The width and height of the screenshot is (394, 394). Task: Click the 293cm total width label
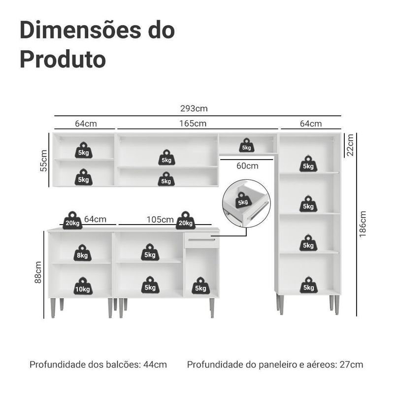194,108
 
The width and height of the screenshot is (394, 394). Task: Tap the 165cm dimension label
193,124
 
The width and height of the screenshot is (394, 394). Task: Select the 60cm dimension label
247,166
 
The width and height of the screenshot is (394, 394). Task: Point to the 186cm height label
362,224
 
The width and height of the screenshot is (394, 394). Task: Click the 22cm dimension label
350,145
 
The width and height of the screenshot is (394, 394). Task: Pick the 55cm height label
44,161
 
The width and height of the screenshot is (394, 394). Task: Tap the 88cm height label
38,272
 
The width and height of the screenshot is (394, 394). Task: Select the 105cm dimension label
160,219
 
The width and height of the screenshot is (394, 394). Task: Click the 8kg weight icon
82,253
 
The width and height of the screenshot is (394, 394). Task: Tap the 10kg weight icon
83,286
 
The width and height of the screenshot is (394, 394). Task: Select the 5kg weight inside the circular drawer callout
243,200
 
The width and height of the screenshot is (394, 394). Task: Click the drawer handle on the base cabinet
201,240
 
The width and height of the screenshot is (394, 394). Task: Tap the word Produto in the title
63,60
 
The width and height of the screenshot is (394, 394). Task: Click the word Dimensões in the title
80,30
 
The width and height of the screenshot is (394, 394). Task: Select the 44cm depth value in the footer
155,364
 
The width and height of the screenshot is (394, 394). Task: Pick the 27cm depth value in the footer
351,364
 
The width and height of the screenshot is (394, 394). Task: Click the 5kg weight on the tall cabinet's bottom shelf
309,285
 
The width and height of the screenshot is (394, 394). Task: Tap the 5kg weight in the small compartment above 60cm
247,145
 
